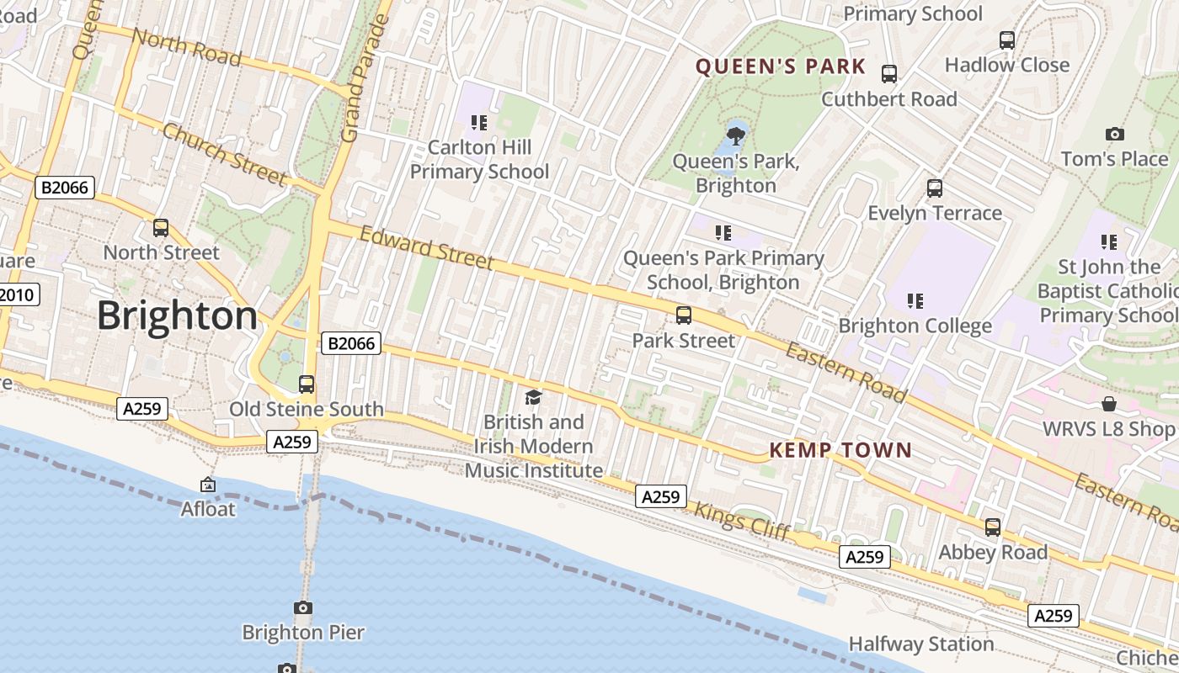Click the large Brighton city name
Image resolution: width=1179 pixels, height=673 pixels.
point(177,316)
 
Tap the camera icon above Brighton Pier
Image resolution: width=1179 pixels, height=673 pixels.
point(303,607)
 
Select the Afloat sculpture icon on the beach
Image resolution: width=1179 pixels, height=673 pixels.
point(208,485)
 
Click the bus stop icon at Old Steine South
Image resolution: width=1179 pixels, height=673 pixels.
point(307,384)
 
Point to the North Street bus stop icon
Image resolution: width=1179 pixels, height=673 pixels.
point(161,228)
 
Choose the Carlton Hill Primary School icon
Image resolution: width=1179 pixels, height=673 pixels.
point(479,124)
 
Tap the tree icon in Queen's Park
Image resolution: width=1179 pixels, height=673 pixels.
point(736,135)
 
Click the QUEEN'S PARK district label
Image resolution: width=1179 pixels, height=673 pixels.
point(781,67)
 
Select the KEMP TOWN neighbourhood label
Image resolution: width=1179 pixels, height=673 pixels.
point(840,450)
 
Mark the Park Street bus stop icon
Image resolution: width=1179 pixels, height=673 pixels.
point(684,315)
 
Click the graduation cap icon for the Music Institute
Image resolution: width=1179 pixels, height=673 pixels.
point(533,397)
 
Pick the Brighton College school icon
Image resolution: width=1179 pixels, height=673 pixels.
point(915,300)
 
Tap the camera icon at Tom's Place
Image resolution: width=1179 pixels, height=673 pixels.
point(1114,135)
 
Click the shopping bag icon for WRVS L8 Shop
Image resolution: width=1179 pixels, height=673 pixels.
point(1109,405)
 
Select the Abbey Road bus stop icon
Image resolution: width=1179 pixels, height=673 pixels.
point(993,527)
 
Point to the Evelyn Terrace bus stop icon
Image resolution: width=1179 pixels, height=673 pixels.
point(935,188)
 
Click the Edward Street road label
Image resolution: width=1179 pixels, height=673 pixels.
point(427,247)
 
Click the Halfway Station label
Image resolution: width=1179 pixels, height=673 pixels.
point(920,644)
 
